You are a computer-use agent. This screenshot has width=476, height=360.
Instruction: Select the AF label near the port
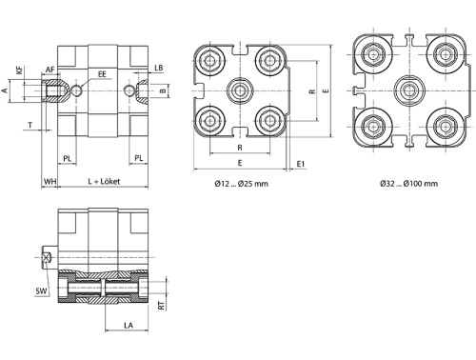coord(50,70)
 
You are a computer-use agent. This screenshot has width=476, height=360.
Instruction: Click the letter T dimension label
coord(30,125)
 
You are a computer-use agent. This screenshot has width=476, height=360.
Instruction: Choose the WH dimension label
coord(50,180)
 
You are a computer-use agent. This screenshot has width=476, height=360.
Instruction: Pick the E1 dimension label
coord(301,164)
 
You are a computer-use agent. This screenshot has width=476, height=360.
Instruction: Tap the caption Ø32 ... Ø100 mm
coord(408,183)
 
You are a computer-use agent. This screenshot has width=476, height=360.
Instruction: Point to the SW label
coord(40,290)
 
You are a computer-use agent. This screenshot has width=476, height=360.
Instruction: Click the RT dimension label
coord(162,306)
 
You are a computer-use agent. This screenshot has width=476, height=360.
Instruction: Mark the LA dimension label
coord(128,325)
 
